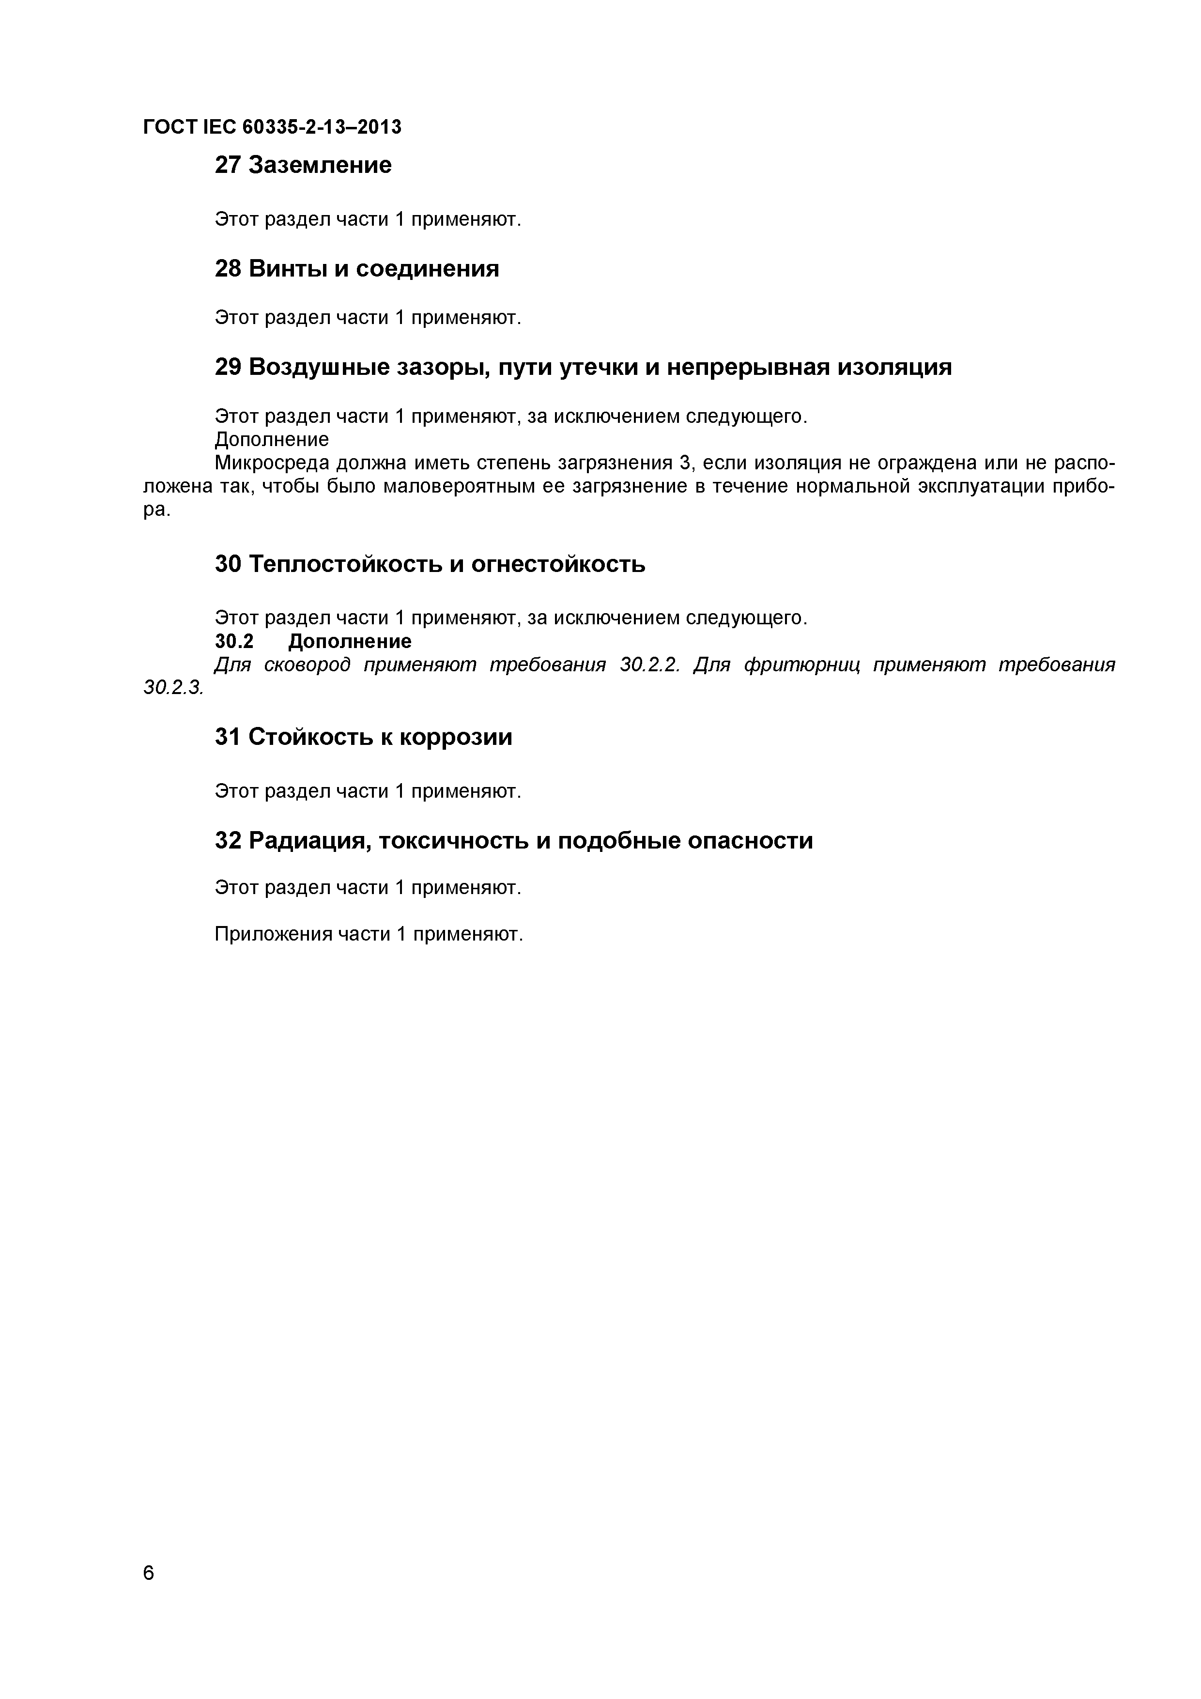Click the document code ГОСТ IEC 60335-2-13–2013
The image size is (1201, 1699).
272,127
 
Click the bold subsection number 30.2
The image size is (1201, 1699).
234,641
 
